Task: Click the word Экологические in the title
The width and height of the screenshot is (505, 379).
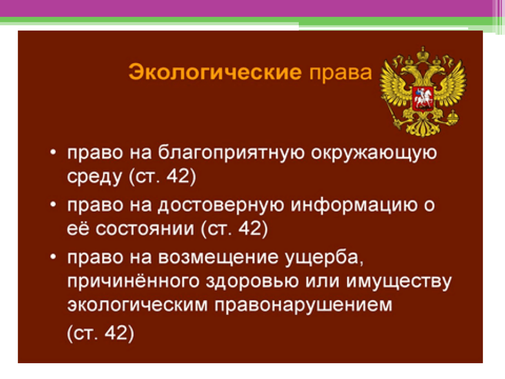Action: [x=215, y=72]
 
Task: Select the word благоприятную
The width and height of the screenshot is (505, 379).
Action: [x=231, y=153]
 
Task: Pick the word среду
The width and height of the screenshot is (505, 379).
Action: [x=94, y=177]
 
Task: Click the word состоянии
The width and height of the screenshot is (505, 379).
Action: [x=145, y=229]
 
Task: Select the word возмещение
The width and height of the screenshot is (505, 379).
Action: [x=218, y=258]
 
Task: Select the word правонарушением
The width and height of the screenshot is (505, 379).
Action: [x=303, y=305]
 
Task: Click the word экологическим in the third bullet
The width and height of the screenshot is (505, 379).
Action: [x=138, y=304]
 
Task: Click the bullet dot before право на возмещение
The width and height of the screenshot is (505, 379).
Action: [x=53, y=257]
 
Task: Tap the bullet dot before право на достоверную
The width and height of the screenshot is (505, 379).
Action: [x=53, y=204]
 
